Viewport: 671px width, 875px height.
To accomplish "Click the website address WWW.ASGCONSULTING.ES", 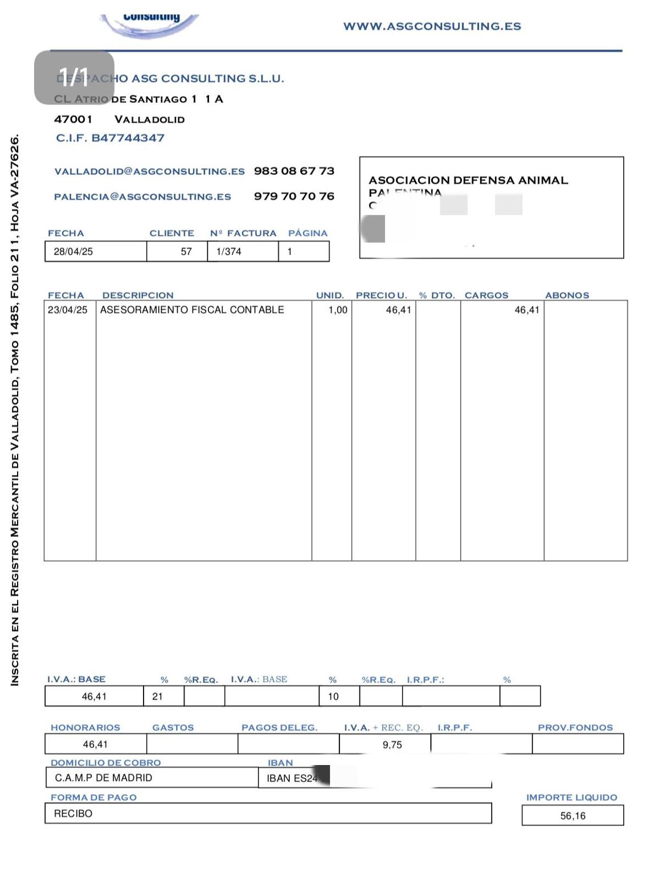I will point(432,26).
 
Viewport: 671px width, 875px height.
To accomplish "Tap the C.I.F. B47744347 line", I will point(110,138).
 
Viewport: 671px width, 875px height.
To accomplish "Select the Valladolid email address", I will point(149,171).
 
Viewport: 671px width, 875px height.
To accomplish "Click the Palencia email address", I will point(142,197).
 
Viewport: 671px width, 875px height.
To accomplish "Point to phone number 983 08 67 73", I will point(294,171).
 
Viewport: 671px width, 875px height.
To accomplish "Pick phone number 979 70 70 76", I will point(294,196).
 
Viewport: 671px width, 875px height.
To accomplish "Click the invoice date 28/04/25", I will point(73,251).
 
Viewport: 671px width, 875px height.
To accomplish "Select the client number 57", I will point(186,251).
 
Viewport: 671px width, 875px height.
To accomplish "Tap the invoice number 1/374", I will point(228,251).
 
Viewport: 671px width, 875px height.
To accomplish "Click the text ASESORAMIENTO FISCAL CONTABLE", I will point(192,310).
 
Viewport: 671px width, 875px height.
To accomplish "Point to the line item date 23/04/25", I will point(68,310).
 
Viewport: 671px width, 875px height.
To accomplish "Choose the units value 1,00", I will point(338,310).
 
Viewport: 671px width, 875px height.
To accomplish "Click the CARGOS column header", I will point(486,295).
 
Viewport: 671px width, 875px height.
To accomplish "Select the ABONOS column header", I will point(567,295).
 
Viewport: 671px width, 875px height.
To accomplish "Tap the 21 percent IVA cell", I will point(158,696).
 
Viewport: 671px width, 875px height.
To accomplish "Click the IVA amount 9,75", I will point(392,745).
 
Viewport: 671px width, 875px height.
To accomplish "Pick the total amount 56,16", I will point(572,816).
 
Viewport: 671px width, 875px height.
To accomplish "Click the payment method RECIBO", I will point(73,813).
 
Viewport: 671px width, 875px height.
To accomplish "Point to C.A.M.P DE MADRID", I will point(103,778).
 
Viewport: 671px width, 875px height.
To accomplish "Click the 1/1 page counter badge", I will point(74,77).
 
